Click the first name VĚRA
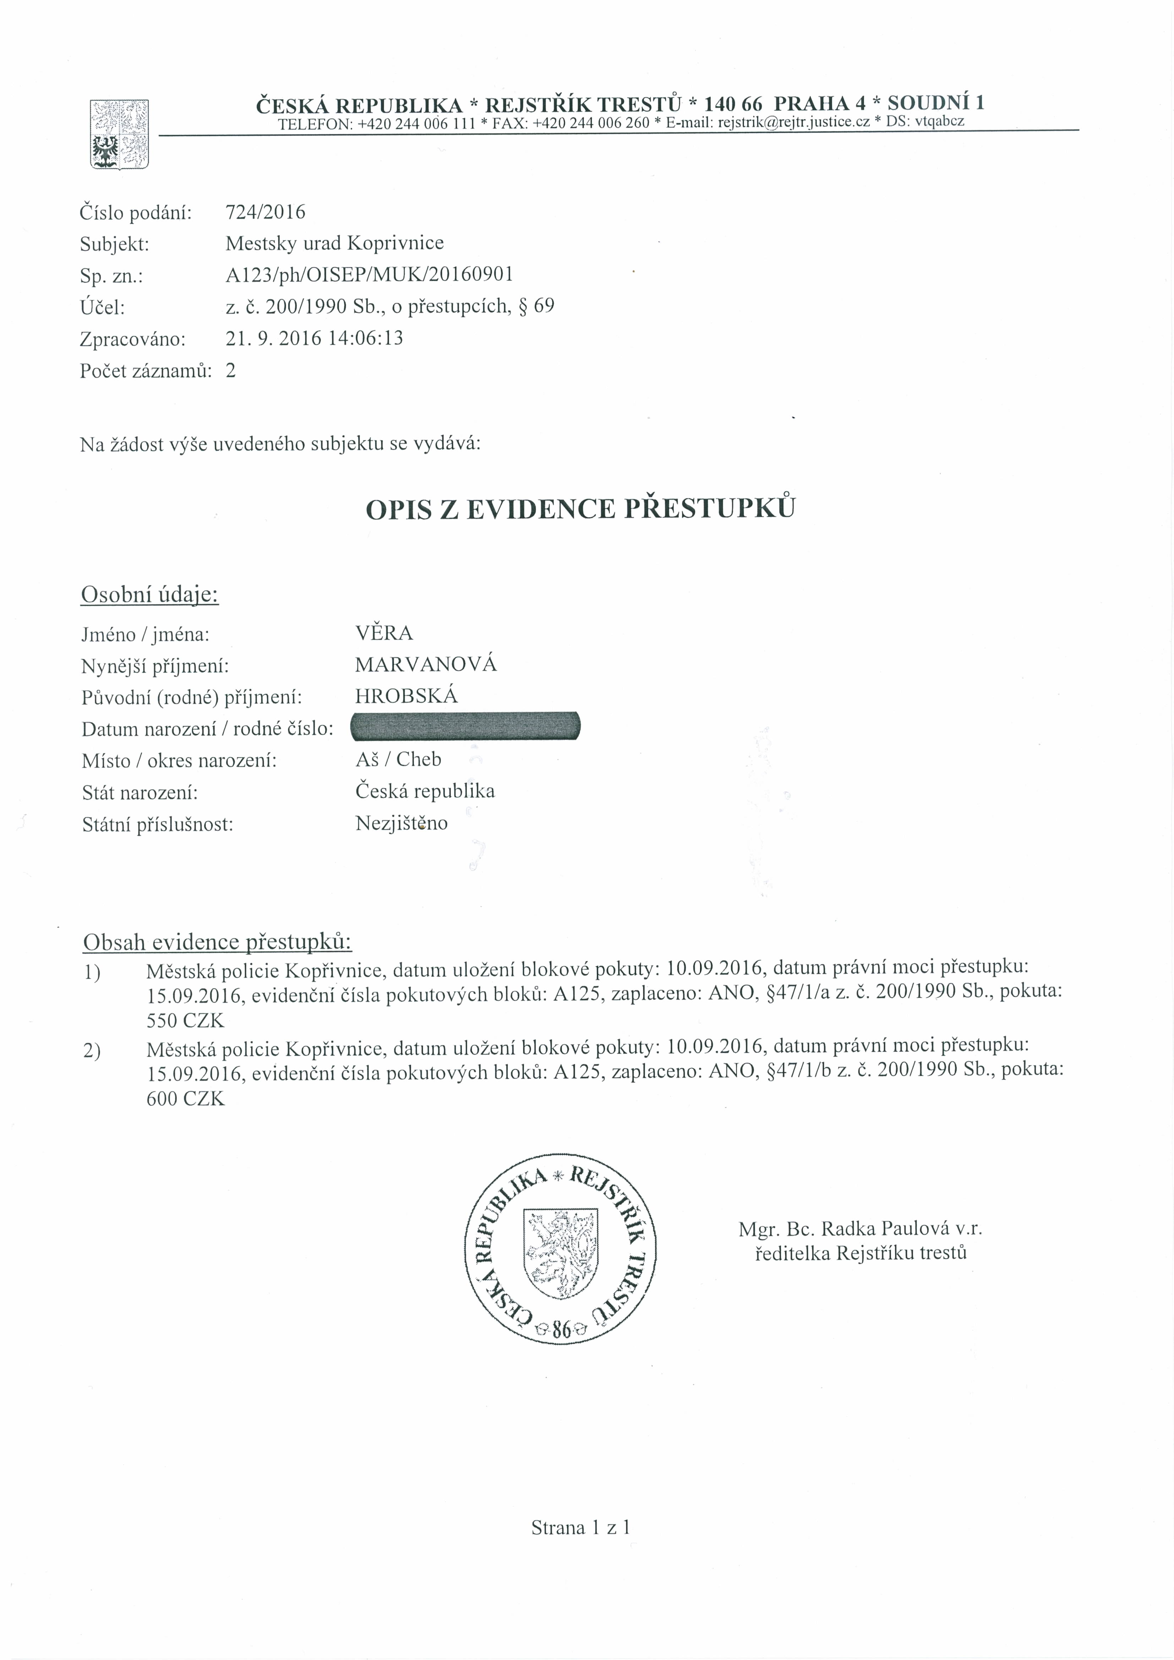(384, 633)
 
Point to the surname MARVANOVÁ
(425, 664)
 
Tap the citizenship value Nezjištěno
(402, 823)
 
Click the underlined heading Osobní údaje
(150, 595)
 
